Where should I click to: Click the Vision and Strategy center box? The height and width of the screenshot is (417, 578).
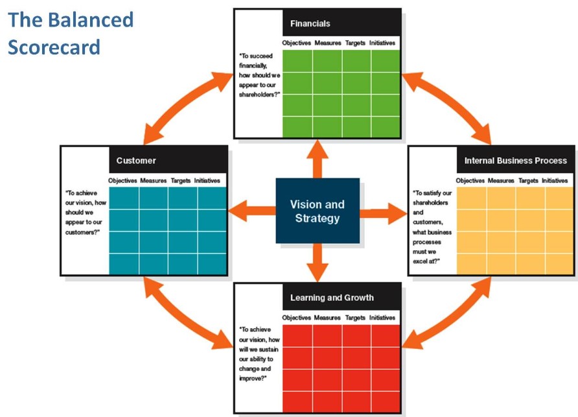(x=318, y=211)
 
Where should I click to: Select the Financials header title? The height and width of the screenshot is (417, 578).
(x=310, y=23)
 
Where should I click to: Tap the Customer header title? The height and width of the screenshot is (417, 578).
(x=136, y=161)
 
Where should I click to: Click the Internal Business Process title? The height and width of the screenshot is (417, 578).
(x=515, y=161)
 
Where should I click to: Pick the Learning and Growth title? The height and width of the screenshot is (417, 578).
(x=332, y=298)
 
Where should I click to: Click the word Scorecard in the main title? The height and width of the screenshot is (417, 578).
(x=54, y=47)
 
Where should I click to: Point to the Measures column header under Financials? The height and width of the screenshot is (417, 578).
(x=328, y=43)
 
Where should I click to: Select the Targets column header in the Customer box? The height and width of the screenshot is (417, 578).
(x=181, y=180)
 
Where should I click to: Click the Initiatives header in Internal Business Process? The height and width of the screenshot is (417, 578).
(x=555, y=180)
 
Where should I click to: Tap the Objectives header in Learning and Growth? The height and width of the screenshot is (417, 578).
(x=296, y=317)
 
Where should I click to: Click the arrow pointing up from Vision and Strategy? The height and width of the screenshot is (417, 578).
(x=317, y=159)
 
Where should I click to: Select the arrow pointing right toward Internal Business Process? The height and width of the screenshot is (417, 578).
(x=383, y=213)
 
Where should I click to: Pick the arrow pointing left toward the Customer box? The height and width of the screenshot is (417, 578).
(x=252, y=211)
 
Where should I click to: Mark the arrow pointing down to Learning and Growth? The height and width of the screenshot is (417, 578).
(x=317, y=263)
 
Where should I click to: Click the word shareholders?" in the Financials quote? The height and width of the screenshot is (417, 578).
(x=259, y=95)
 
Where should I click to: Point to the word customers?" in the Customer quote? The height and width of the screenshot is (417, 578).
(x=82, y=232)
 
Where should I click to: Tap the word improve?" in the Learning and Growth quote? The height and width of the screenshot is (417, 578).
(x=253, y=378)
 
